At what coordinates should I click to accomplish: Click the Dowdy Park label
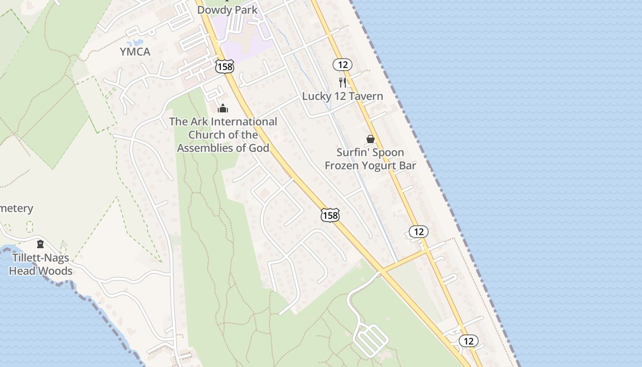point(227,10)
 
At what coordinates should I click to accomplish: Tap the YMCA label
point(135,52)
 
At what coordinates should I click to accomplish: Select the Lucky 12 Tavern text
point(342,96)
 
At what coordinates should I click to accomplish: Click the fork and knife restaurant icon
point(342,83)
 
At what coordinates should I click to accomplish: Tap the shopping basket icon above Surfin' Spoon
point(371,139)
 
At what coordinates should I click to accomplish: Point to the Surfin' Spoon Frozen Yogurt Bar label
point(371,159)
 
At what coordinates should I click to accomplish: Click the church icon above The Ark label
point(223,108)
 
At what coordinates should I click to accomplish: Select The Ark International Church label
point(223,135)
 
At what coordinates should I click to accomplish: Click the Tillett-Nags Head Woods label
point(41,264)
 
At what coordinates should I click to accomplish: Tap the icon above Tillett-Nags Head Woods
point(40,244)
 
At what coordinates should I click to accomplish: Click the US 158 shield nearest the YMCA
point(225,67)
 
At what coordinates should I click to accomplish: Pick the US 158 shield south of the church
point(330,215)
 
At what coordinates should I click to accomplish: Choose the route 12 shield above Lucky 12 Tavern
point(343,65)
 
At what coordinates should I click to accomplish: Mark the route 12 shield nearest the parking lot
point(468,341)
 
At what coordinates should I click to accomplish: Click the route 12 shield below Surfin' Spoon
point(419,232)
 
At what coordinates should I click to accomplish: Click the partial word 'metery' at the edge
point(17,208)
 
